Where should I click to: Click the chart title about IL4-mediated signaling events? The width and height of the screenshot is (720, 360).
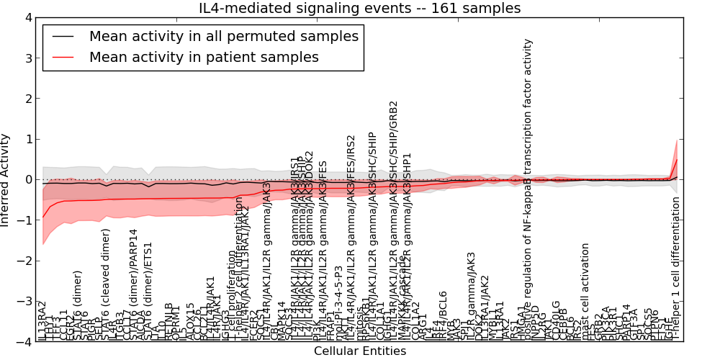click(359, 9)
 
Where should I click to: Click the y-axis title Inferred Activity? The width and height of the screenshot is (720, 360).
click(6, 179)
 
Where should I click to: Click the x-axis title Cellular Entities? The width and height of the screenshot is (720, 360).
click(359, 351)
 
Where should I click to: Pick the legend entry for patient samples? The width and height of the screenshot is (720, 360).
click(204, 57)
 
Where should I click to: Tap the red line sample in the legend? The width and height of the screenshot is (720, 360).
click(63, 57)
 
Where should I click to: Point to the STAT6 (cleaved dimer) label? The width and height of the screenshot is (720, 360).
click(107, 284)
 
